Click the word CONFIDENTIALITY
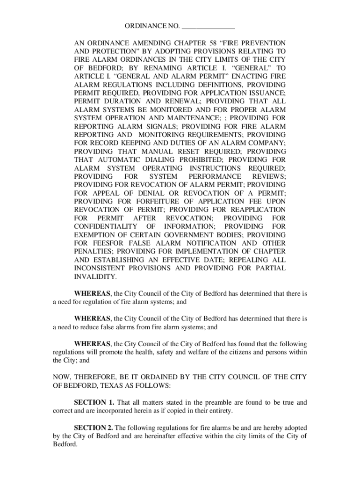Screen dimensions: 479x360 click(103, 226)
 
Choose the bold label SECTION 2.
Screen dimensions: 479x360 click(94, 428)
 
